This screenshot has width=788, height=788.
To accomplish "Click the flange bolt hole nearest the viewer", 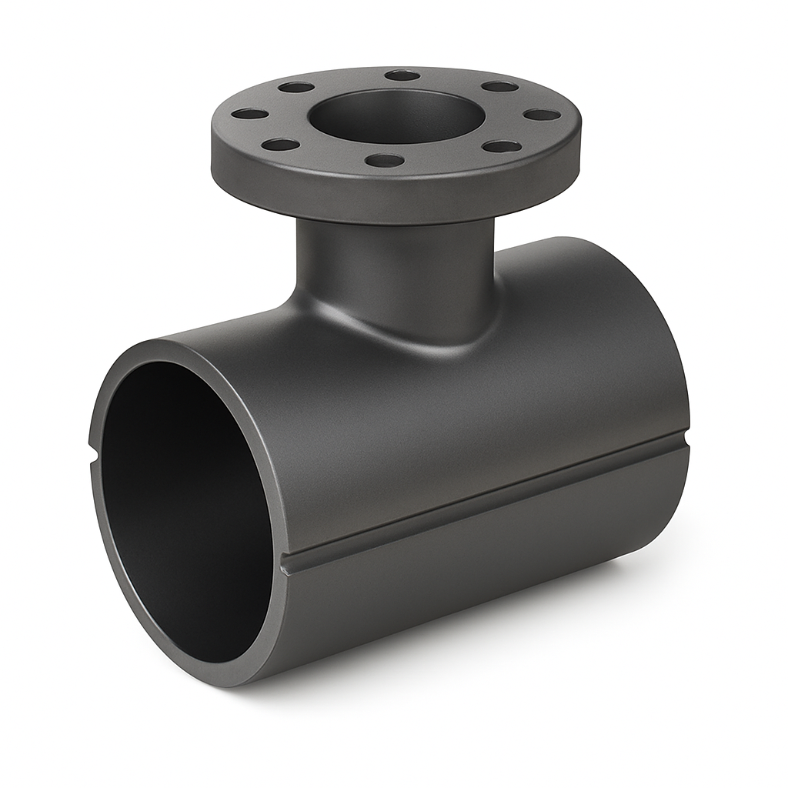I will [x=385, y=161].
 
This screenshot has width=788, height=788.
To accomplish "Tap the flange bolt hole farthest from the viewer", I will [x=402, y=75].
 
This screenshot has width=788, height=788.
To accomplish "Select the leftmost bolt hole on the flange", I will [x=249, y=114].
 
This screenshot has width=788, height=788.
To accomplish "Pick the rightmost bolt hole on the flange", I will [x=543, y=115].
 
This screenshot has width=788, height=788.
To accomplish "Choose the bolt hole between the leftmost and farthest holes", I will [x=296, y=87].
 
